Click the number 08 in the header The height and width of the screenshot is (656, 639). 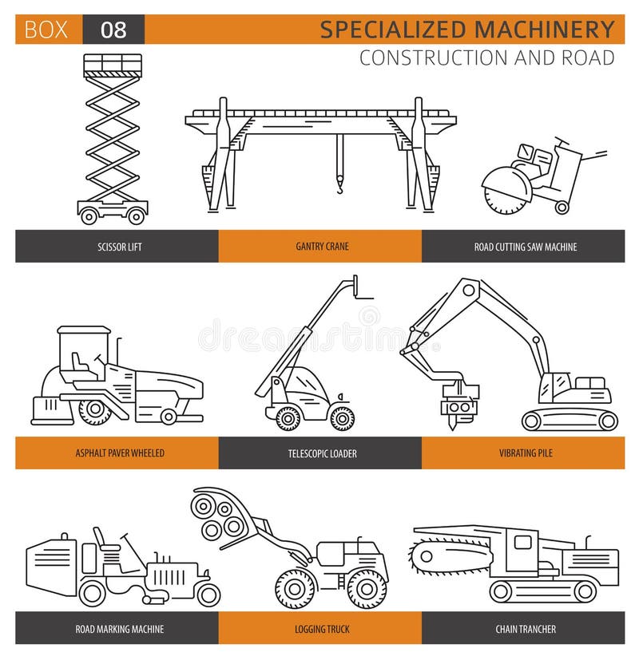[113, 30]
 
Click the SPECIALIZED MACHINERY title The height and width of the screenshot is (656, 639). [467, 30]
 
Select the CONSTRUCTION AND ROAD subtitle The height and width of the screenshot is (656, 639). [486, 57]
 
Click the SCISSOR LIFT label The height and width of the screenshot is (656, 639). [117, 247]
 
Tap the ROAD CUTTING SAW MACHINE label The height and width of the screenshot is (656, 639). [525, 247]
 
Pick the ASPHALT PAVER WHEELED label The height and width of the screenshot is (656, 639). [117, 453]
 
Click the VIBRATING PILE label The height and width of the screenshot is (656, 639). [525, 453]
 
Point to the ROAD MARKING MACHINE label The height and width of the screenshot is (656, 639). [117, 629]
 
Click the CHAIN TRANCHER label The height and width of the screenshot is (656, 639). [525, 629]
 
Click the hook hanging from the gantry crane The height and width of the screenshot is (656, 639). [339, 185]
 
